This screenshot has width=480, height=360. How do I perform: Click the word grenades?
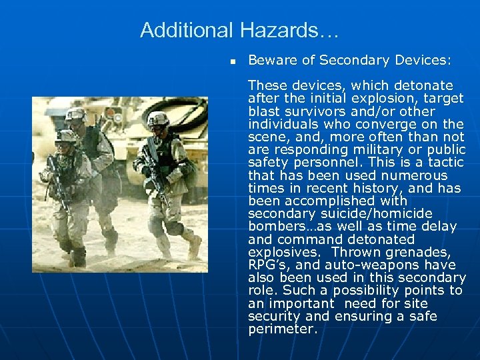427,252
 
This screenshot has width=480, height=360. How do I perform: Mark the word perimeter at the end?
283,329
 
